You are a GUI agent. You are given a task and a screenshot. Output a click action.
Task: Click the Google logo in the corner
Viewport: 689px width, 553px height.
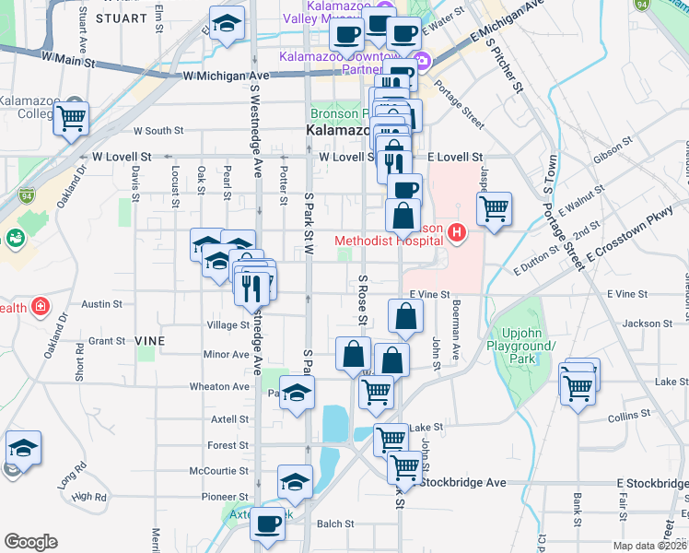pos(30,542)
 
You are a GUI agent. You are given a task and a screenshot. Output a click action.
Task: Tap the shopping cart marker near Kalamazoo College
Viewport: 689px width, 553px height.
pos(71,118)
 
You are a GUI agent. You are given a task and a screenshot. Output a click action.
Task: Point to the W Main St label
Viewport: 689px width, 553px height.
pos(69,57)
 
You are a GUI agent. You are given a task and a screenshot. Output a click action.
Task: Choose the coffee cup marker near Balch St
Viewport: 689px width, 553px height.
pos(268,524)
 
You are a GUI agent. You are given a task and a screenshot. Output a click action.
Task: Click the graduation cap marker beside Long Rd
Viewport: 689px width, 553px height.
pos(23,448)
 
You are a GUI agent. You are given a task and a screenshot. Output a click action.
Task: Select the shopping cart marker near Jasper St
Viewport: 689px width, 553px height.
pos(495,208)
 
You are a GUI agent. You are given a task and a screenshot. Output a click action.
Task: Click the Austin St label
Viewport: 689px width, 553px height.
pos(96,303)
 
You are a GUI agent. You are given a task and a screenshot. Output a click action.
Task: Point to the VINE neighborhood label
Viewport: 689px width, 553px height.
pos(149,341)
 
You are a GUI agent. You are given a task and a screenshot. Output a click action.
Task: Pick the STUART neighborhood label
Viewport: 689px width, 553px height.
pos(120,18)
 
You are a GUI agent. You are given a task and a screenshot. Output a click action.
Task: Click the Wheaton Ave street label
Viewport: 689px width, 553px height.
pos(219,386)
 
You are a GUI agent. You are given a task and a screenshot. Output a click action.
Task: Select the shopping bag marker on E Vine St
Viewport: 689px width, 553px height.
pos(405,317)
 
